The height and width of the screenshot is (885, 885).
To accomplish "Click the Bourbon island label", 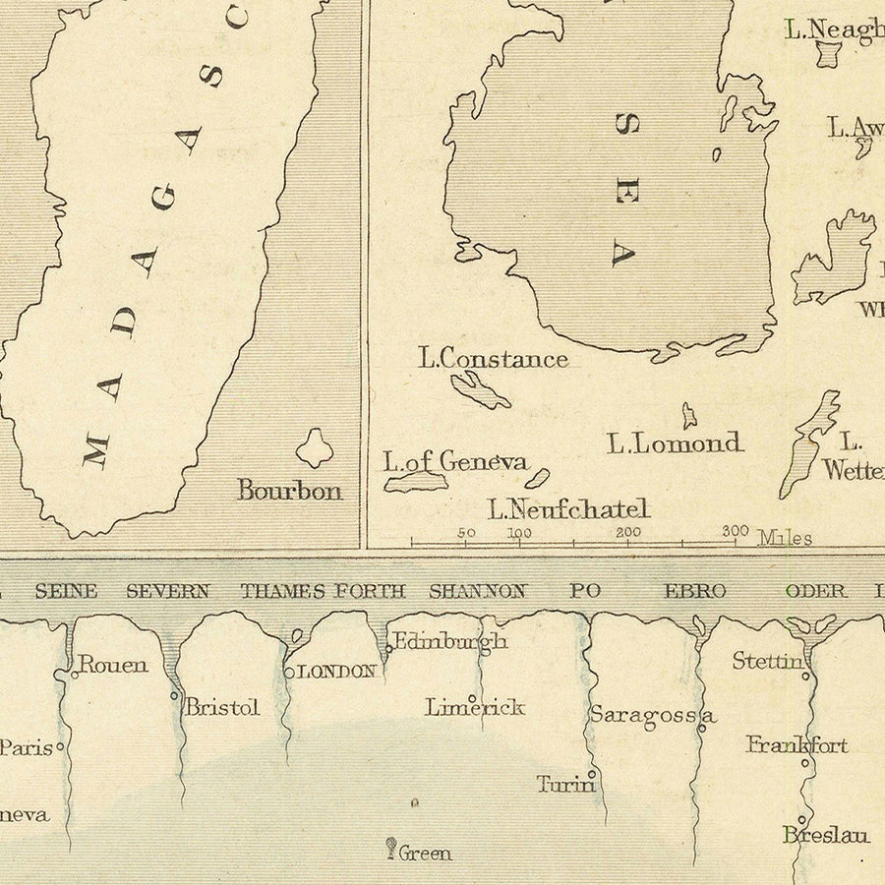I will pos(289,490).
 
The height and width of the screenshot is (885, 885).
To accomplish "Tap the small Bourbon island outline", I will pos(315,448).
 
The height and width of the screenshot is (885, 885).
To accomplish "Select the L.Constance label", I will pos(494,359).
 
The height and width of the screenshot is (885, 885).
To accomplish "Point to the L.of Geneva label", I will pos(455,461).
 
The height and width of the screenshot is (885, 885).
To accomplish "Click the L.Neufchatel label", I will pos(569,509).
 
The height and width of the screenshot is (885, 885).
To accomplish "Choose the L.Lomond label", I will pos(675,443).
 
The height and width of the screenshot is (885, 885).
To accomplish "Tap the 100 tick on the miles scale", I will pos(519,540).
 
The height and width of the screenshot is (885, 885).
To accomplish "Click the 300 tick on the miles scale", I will pos(736,540).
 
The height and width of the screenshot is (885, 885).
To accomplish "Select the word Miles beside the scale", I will pos(785,538).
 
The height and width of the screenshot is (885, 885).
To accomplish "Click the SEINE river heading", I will pos(66,591).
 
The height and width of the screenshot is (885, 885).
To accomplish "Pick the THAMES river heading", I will pos(283,591).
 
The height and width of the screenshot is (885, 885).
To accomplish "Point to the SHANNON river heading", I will pos(477,591).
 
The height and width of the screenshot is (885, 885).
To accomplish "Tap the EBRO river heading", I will pos(695,591).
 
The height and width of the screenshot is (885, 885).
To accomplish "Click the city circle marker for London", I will pos(289,673).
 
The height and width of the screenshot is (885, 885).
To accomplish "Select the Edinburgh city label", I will pos(450,642).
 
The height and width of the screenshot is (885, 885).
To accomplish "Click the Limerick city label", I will pos(475,707).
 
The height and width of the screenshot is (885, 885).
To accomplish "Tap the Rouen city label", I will pos(113,665).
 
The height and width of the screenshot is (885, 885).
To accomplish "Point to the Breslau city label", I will pos(826,835).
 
